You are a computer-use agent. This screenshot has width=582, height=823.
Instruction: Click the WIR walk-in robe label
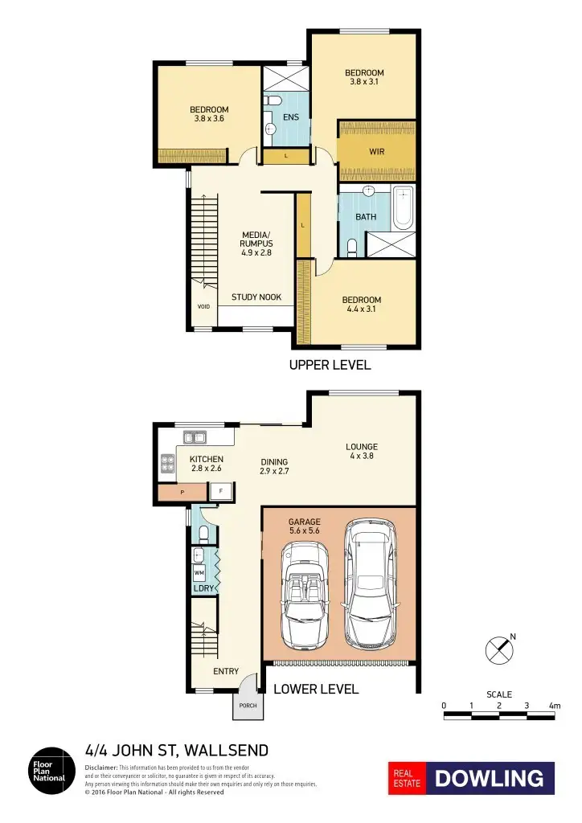coord(377,150)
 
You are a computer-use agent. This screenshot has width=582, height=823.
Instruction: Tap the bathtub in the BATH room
coord(403,207)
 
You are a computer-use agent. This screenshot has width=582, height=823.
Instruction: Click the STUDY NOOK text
coord(256,297)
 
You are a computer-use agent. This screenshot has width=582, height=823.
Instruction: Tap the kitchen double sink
coord(194,438)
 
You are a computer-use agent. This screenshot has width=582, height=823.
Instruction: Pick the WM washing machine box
coord(199,572)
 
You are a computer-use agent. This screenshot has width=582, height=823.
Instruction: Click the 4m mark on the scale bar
coord(554,706)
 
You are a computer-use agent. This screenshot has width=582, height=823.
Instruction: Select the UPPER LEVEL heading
coord(330,365)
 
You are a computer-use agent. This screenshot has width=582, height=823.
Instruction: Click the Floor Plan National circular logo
coord(50,772)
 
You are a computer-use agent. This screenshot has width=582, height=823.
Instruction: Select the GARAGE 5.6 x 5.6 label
coord(305,526)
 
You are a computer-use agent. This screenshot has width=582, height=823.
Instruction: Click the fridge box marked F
coord(220,490)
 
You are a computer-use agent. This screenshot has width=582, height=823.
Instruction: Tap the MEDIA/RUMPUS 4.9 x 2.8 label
coord(257,244)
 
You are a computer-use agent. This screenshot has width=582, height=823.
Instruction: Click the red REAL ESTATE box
coord(407,778)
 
